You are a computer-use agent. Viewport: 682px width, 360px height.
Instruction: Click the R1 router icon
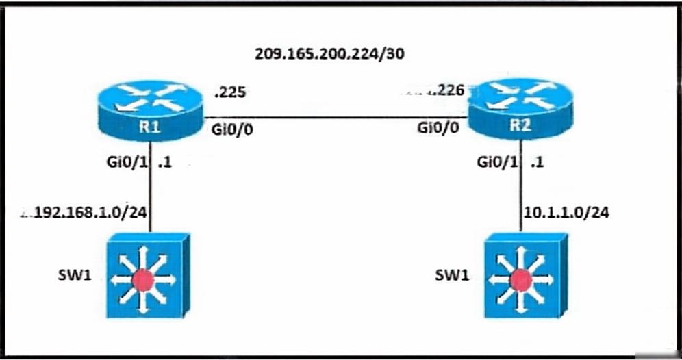coord(150,111)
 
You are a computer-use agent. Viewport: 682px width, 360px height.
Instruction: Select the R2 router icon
coord(520,108)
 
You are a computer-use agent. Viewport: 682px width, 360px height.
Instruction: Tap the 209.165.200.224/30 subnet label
coord(329,53)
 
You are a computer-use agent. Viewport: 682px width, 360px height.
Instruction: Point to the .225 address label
coord(230,92)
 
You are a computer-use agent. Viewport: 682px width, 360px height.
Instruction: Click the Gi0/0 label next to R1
coord(232,129)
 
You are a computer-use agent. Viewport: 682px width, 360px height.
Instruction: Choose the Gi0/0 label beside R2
coord(438,128)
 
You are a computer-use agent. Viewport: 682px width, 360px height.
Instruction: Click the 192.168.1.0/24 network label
coord(90,212)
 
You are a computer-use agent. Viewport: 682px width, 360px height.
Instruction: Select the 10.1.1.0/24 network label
coord(566,212)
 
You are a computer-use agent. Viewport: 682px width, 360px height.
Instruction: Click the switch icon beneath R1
coord(149,275)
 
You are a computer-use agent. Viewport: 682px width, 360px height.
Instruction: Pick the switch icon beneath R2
coord(526,275)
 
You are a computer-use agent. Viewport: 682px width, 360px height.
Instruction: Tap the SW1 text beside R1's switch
coord(75,275)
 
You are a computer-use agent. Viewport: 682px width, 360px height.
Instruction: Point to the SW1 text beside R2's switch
coord(453,274)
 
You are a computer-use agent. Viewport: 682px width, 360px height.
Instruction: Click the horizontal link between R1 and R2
coord(335,117)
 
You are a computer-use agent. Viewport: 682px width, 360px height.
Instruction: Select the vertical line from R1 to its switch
coord(151,187)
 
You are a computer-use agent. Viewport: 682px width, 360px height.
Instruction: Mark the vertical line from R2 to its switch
coord(520,186)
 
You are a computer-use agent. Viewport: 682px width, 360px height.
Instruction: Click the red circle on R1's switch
coord(143,281)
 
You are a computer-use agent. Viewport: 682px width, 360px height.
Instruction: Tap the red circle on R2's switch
coord(520,281)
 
